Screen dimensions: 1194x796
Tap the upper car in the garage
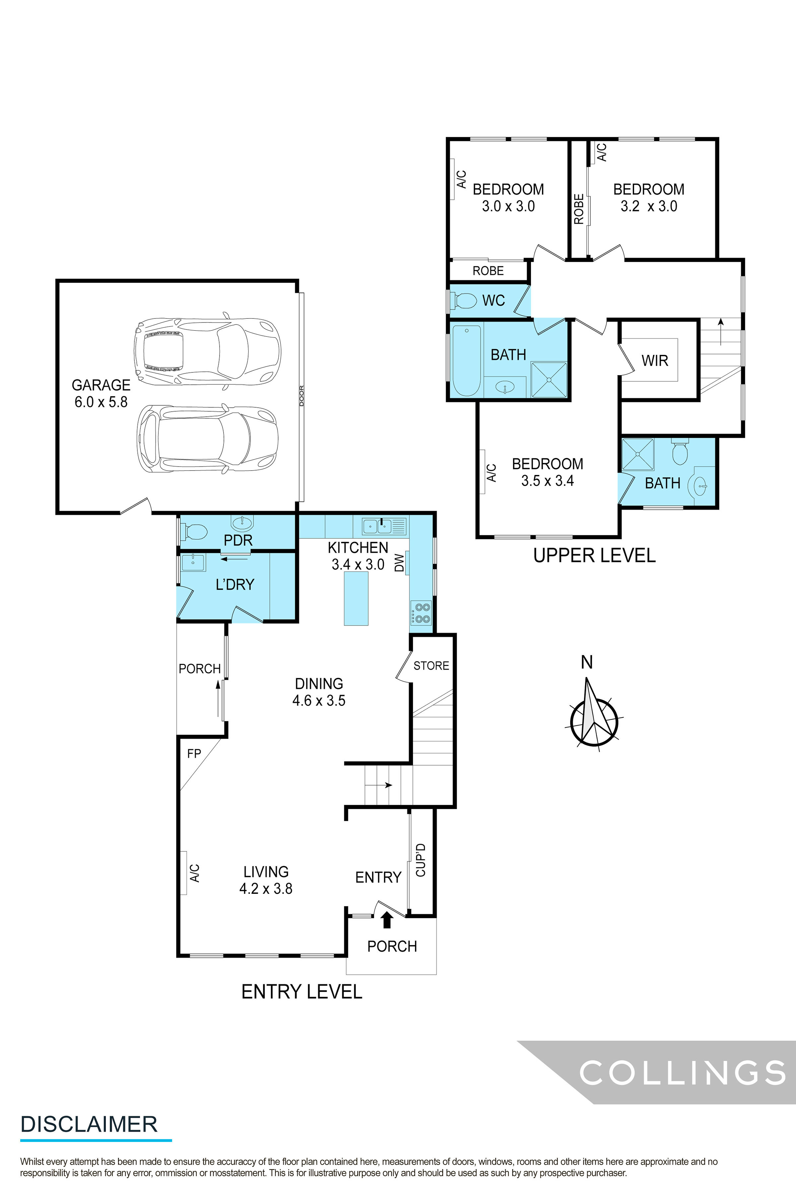207,351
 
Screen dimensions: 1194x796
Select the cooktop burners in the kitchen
421,613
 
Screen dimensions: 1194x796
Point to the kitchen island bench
356,598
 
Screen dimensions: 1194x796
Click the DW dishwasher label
400,563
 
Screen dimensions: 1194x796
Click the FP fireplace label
194,753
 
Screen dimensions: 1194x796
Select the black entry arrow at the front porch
387,920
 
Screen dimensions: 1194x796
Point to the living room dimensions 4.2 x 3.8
266,889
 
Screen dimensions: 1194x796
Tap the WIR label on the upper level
654,361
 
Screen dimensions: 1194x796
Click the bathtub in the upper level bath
466,361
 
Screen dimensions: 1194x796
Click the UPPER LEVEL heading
594,555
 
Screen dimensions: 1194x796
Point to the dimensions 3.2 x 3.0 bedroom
648,206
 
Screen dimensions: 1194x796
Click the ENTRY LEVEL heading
301,991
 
